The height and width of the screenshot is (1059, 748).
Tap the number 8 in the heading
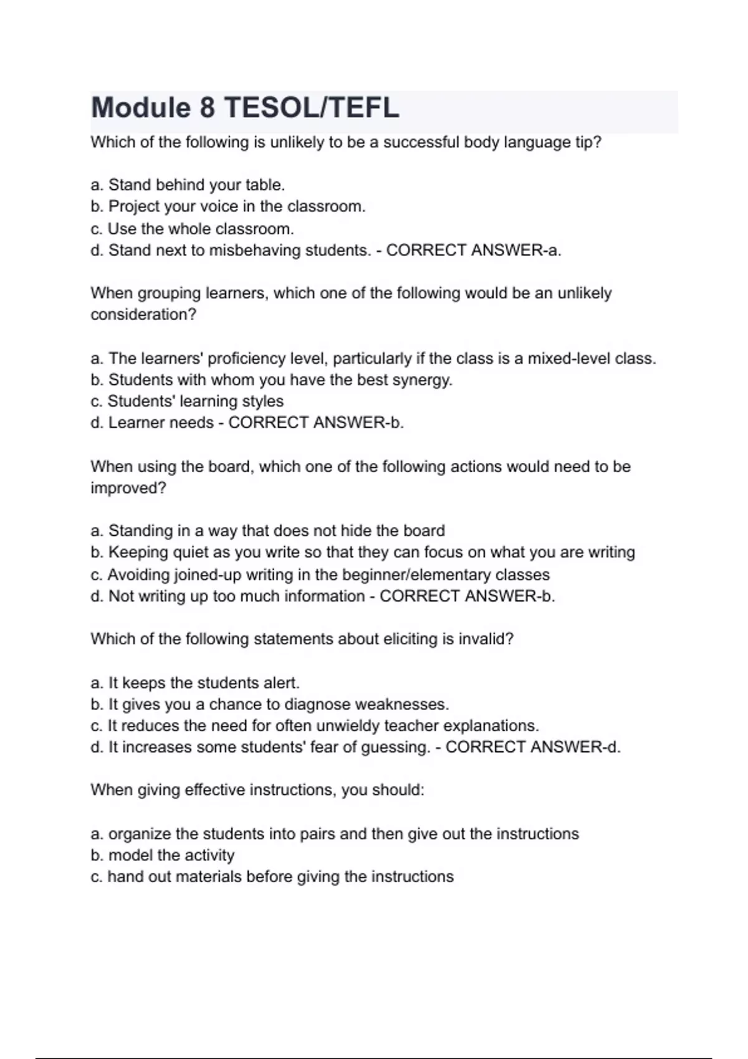pyautogui.click(x=207, y=108)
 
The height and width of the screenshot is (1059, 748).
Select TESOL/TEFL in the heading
pyautogui.click(x=311, y=108)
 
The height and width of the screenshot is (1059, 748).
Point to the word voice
pyautogui.click(x=219, y=206)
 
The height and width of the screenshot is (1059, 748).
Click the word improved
pyautogui.click(x=128, y=488)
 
